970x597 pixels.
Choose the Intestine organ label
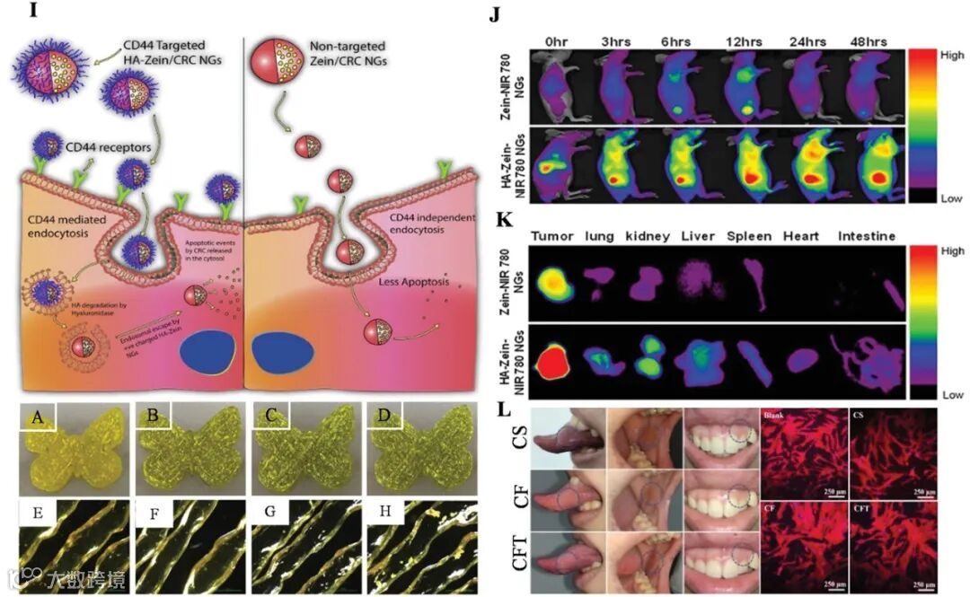click(867, 236)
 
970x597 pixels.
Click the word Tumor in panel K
click(551, 236)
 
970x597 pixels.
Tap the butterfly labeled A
click(68, 449)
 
